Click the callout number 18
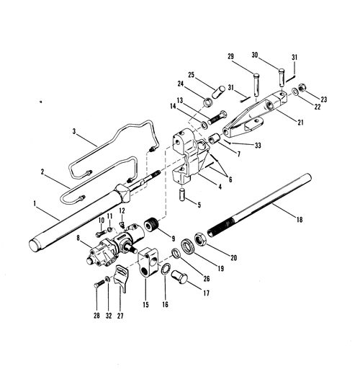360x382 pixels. [x=300, y=220]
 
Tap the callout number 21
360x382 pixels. [x=301, y=123]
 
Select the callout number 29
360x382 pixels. [x=230, y=56]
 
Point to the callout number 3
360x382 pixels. [x=74, y=132]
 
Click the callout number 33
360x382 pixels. [x=258, y=146]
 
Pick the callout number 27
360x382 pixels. [x=120, y=316]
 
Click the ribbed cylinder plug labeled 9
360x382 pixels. [x=152, y=223]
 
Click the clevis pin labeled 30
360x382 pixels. [x=282, y=77]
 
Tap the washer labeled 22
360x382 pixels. [x=294, y=92]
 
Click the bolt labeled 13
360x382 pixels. [x=217, y=117]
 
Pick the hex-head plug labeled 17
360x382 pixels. [x=179, y=277]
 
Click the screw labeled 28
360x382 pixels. [x=99, y=284]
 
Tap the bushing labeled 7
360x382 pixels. [x=214, y=139]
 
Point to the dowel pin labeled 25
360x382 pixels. [x=219, y=92]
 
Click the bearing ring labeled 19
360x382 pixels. [x=188, y=246]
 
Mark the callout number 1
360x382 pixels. [x=35, y=204]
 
